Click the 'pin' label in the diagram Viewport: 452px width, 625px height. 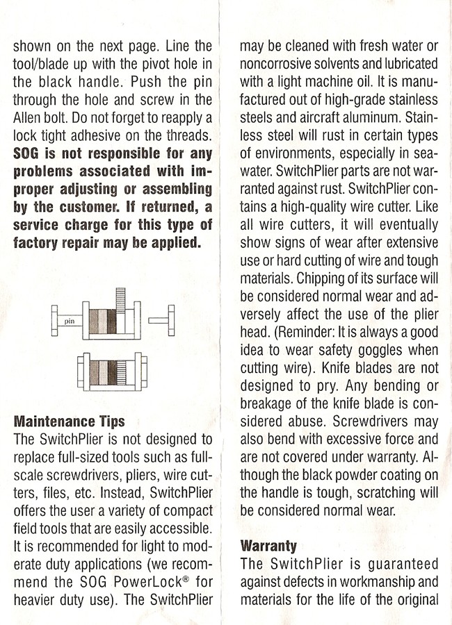[69, 322]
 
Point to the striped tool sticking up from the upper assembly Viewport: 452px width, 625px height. [120, 301]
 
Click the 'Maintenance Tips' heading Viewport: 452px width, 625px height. [70, 422]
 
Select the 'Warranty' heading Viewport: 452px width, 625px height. [268, 545]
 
